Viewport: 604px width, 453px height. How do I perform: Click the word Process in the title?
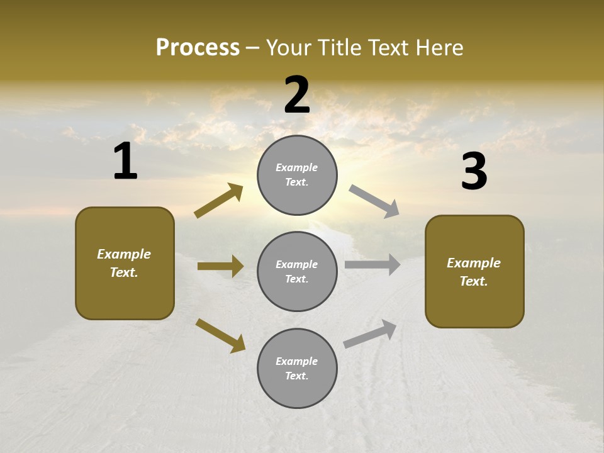tap(198, 47)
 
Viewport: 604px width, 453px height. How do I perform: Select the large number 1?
tap(125, 162)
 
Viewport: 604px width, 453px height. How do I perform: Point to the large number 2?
tap(297, 95)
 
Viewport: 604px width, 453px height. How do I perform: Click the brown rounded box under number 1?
tap(125, 263)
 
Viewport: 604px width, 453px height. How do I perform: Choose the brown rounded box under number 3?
tap(474, 271)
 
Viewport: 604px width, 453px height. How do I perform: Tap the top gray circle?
tap(297, 175)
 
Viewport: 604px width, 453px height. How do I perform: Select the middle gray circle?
tap(297, 271)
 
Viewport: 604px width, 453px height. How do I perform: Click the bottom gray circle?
tap(297, 368)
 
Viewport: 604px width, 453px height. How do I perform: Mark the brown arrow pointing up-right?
tap(219, 201)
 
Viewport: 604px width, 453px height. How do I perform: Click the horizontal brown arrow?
tap(220, 266)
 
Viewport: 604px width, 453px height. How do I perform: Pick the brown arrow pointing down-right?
tap(220, 335)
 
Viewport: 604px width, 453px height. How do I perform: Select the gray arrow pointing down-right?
tap(374, 201)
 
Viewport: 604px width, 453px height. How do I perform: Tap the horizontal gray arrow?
tap(372, 265)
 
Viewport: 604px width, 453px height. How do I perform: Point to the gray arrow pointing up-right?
tap(370, 333)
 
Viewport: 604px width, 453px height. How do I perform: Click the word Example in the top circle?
tap(296, 167)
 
